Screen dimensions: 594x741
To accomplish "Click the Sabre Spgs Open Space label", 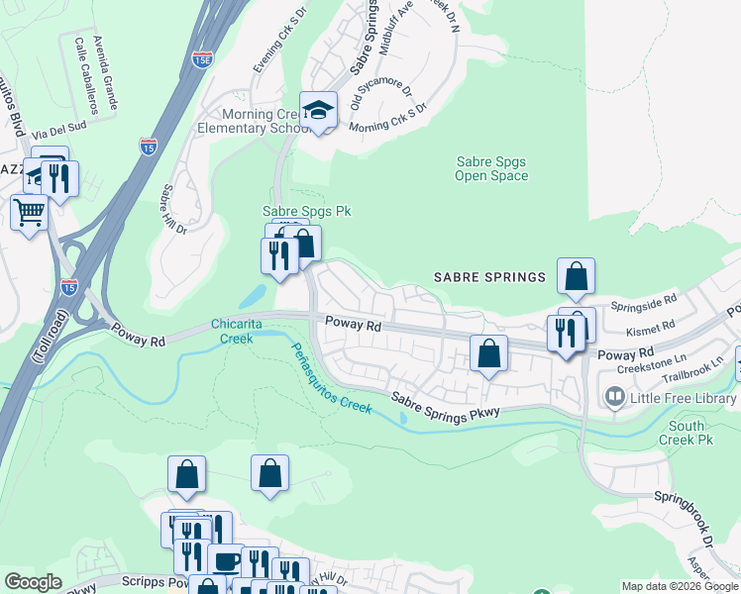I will tap(491, 168).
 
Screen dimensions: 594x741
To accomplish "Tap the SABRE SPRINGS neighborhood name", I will tap(490, 277).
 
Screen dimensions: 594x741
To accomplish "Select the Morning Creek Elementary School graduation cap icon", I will tap(319, 110).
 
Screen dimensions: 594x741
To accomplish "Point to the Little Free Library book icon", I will tap(615, 398).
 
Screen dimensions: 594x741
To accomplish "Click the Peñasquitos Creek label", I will tap(332, 378).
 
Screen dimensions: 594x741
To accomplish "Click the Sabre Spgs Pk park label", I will tap(306, 211).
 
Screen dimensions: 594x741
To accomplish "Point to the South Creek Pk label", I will tap(687, 432).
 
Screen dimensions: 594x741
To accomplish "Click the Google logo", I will tap(33, 581).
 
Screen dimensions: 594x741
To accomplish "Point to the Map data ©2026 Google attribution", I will tap(679, 586).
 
